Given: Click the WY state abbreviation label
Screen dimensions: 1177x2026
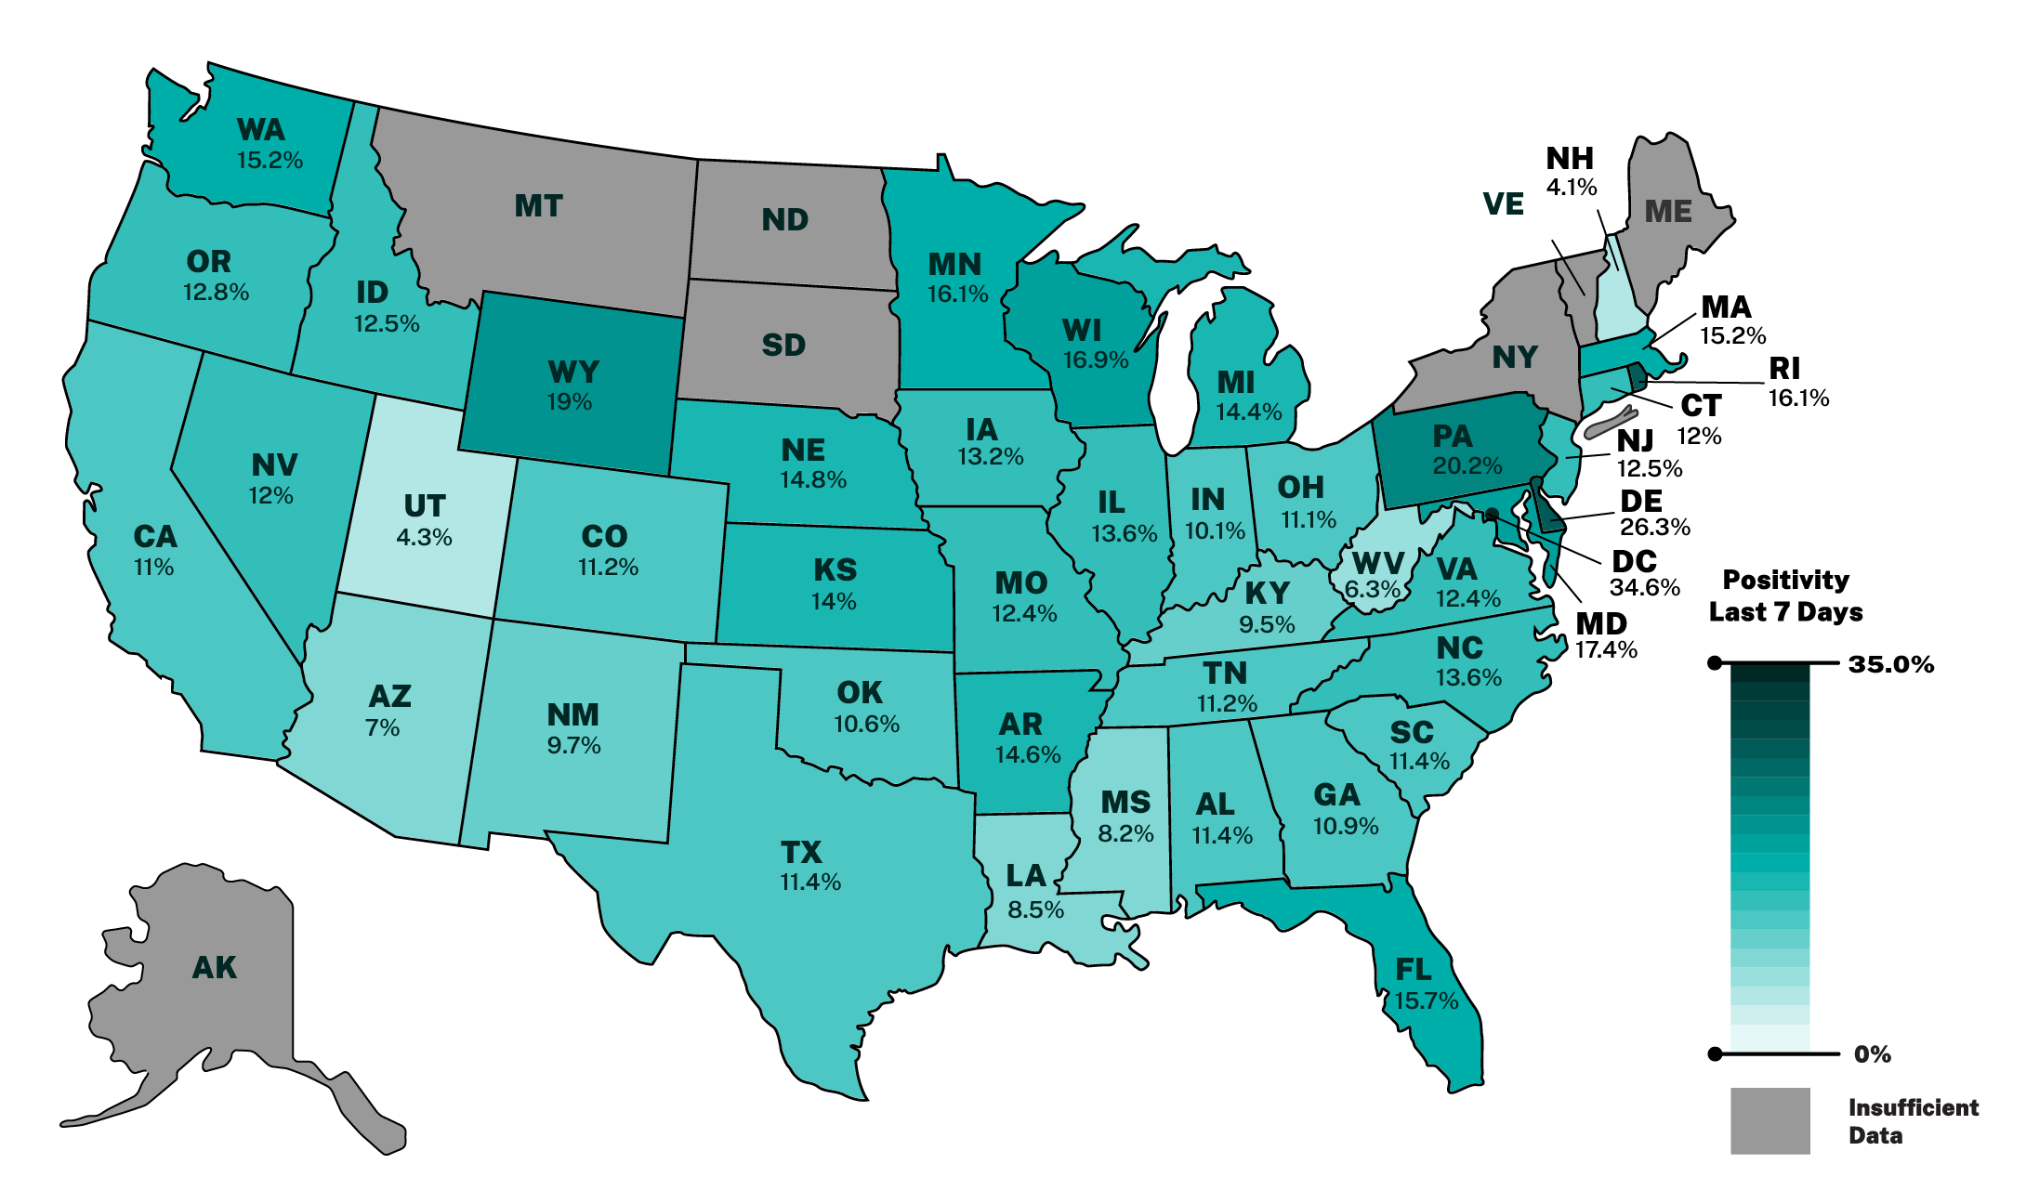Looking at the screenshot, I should [x=573, y=373].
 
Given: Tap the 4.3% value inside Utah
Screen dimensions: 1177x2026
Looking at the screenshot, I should [x=424, y=538].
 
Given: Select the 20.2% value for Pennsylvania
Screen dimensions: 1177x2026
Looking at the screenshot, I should [x=1467, y=465].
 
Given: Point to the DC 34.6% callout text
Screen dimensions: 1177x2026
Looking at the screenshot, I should [x=1644, y=574].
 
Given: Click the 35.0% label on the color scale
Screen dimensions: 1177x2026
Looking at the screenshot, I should [x=1890, y=664].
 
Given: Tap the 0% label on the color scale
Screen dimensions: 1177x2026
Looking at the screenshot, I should [x=1872, y=1054].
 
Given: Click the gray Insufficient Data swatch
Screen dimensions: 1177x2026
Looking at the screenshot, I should [x=1769, y=1120].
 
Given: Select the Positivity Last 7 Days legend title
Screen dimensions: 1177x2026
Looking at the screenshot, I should [x=1785, y=595].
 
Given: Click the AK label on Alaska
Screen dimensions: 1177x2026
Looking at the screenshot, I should [x=214, y=968].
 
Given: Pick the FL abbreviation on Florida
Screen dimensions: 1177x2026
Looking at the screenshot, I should [x=1413, y=971].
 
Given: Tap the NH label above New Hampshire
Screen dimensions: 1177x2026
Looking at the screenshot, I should [x=1570, y=159].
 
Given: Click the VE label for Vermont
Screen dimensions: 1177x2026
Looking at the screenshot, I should [x=1503, y=204].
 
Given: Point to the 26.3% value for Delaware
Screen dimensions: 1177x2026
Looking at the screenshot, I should [x=1654, y=528].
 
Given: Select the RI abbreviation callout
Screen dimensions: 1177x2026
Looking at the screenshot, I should [x=1784, y=369].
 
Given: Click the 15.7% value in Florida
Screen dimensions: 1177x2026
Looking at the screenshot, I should [x=1426, y=1000].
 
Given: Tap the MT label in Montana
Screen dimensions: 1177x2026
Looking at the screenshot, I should [x=538, y=206].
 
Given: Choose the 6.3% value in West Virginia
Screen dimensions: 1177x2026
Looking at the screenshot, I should [x=1372, y=589].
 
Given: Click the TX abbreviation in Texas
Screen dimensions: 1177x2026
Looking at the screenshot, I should [x=801, y=852].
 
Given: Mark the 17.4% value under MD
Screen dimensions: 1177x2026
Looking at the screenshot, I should [x=1605, y=650].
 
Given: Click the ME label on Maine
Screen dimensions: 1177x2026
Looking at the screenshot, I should [x=1667, y=212].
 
